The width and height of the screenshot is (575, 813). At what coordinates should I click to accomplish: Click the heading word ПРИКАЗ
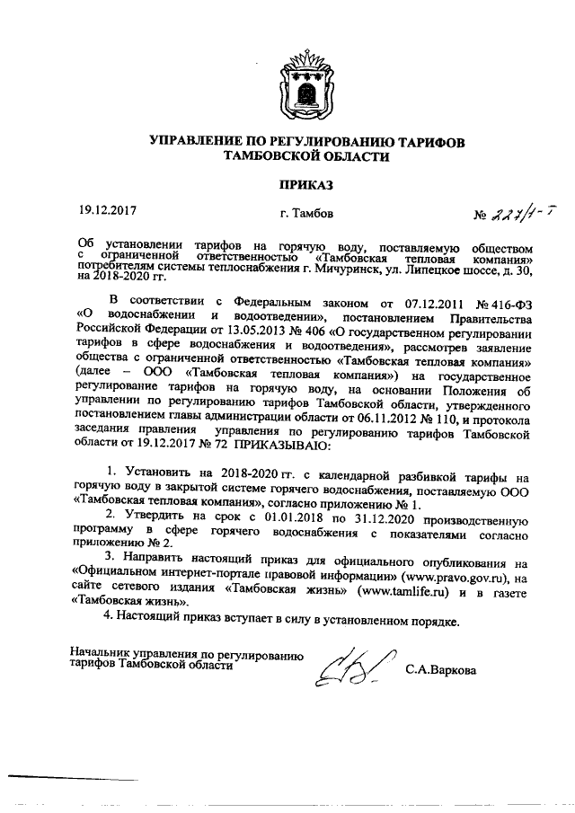(305, 185)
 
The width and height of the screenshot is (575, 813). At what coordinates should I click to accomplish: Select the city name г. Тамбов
(306, 214)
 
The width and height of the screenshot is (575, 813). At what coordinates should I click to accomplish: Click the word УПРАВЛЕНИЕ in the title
(190, 143)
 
